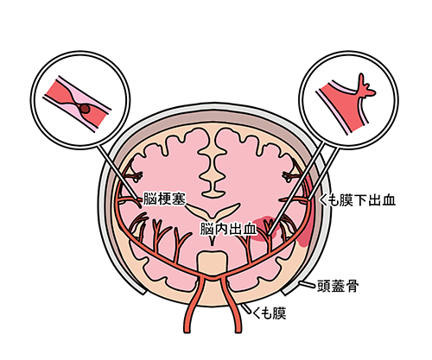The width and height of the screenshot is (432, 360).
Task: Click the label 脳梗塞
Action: [164, 199]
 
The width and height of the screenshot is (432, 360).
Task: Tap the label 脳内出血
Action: [228, 229]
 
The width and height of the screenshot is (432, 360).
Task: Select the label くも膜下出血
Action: [358, 200]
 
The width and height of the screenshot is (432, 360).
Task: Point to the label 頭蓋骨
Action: [338, 286]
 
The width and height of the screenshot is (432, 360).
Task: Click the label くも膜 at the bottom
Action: [270, 313]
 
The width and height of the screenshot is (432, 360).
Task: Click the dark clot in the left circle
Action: [85, 109]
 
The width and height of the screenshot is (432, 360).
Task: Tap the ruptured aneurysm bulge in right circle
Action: [365, 88]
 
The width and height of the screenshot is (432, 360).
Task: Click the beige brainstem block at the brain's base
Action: [213, 265]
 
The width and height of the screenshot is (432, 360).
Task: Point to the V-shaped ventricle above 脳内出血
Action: [213, 211]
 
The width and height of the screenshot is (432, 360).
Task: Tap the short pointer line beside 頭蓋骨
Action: [307, 284]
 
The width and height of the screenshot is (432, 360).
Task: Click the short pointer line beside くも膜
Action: [245, 309]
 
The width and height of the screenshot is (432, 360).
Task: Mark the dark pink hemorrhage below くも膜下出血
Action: [305, 233]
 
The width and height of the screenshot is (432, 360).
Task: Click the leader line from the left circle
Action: [118, 172]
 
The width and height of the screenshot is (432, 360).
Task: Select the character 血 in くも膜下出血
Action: [388, 200]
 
